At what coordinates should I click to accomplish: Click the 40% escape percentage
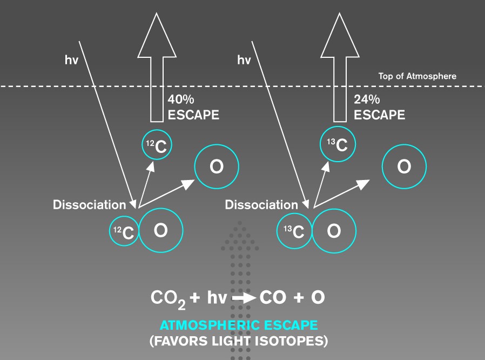(x=181, y=99)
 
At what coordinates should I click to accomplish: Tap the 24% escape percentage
(x=367, y=99)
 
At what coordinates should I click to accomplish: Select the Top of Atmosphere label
(x=417, y=76)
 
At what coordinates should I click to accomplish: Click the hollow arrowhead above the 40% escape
(x=157, y=35)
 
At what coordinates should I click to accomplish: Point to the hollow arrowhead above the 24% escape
(x=340, y=35)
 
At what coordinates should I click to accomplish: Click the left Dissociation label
(x=90, y=205)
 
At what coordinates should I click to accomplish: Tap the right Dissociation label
(x=261, y=205)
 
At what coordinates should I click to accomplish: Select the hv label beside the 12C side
(x=71, y=60)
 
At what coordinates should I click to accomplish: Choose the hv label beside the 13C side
(x=244, y=60)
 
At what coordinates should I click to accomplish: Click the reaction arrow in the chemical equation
(x=244, y=298)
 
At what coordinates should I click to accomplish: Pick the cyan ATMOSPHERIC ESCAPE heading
(x=239, y=325)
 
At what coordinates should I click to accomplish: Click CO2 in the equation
(x=168, y=299)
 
